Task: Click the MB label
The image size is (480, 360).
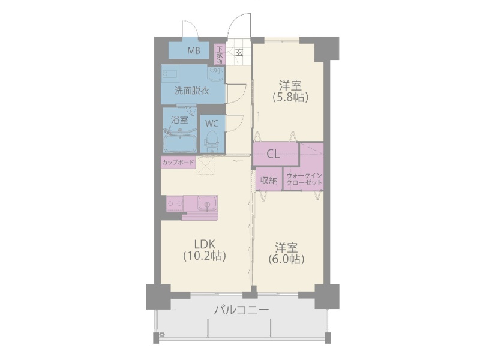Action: pos(193,51)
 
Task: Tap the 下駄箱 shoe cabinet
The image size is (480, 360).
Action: pos(220,55)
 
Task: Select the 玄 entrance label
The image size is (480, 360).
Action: pos(239,52)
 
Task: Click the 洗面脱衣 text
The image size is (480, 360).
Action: pos(191,91)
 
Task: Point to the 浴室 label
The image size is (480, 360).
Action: pos(179,120)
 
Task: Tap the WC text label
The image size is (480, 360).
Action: pos(212,123)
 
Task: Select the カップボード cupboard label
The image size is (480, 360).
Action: pos(178,163)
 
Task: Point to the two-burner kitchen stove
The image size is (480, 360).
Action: pos(175,205)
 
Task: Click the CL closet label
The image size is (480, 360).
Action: pos(273,154)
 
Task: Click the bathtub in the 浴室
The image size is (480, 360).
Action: pos(180,143)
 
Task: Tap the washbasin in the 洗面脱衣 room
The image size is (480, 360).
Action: pos(215,75)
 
